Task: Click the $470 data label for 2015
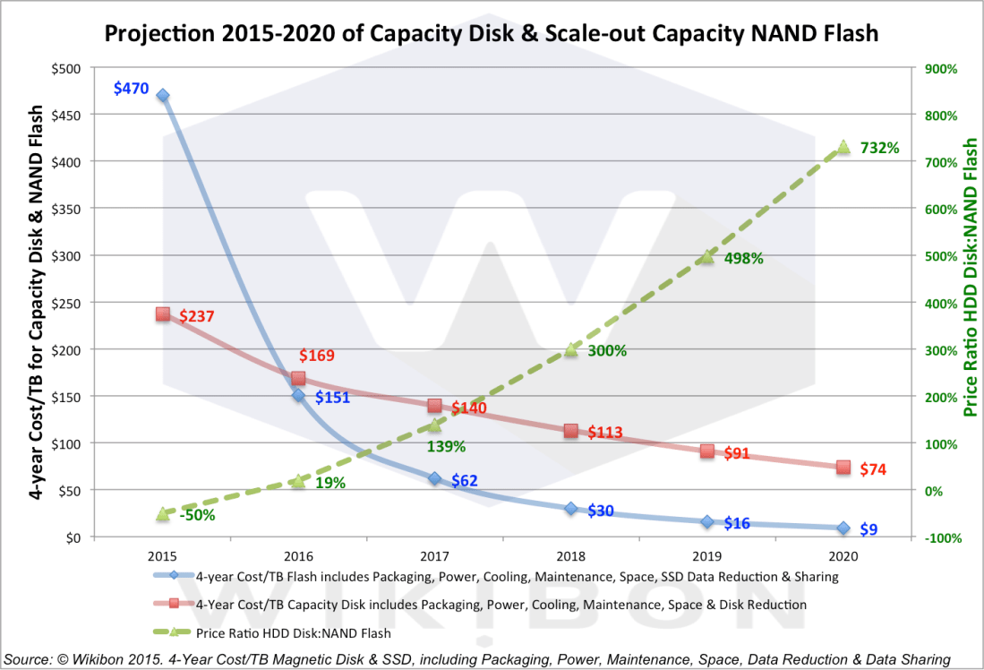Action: click(x=131, y=89)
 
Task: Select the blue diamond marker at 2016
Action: click(x=298, y=395)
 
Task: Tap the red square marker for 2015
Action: click(x=162, y=314)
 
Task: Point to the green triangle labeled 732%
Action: click(x=843, y=147)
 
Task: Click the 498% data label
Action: click(x=743, y=259)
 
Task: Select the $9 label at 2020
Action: click(x=868, y=529)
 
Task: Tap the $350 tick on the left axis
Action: click(x=67, y=209)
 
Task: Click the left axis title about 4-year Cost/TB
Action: click(x=38, y=302)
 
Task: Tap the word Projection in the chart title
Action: click(x=153, y=34)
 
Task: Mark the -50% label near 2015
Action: click(x=197, y=515)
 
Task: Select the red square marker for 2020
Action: click(x=843, y=467)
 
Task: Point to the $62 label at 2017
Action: click(x=464, y=481)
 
